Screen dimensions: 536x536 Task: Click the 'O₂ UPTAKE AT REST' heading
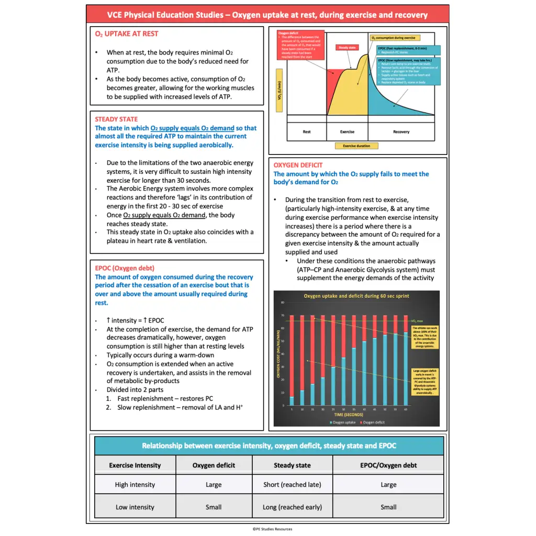[126, 33]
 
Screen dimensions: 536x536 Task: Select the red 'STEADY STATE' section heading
[116, 119]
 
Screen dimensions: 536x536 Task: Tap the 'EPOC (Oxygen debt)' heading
[124, 269]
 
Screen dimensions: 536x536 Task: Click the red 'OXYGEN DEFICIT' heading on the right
[298, 165]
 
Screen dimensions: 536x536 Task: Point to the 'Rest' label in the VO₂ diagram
[307, 132]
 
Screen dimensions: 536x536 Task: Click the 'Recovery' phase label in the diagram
[401, 132]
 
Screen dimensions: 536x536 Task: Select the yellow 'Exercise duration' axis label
[356, 146]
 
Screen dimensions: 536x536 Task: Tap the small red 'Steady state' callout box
[347, 48]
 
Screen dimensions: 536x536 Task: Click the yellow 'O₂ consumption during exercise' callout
[393, 38]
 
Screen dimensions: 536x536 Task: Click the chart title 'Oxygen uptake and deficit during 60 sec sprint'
[356, 296]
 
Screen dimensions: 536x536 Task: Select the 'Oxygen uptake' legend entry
[343, 422]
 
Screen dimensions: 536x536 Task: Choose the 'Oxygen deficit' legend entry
[373, 422]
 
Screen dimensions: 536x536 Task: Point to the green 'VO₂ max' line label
[417, 321]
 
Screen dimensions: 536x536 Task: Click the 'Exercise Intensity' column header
[135, 465]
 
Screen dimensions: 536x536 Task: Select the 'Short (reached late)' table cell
[292, 485]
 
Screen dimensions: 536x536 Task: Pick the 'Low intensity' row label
[135, 507]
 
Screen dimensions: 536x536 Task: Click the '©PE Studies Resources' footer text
[272, 529]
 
